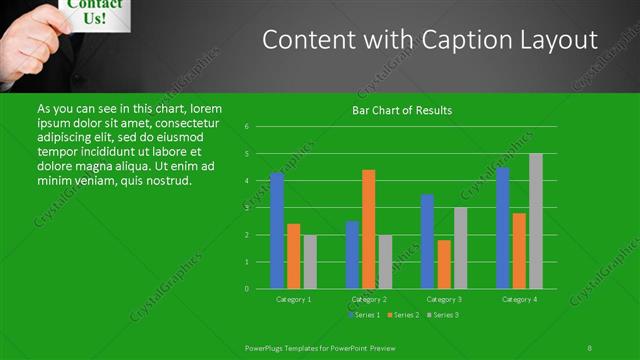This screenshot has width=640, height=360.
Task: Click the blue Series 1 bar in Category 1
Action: (x=277, y=231)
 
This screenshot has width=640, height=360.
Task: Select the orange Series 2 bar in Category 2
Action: (x=369, y=229)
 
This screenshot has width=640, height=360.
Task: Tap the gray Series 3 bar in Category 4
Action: (x=536, y=221)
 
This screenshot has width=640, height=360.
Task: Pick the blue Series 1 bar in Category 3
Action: (x=427, y=241)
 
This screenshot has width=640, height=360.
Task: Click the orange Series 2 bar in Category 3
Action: (x=444, y=264)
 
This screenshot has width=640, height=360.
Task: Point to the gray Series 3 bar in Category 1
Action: (x=310, y=262)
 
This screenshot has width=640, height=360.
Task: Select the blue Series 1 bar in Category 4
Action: (x=503, y=228)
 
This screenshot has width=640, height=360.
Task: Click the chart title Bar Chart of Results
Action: (x=402, y=110)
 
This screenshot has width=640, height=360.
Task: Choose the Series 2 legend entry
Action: (x=403, y=316)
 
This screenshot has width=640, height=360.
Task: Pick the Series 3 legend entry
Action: (x=443, y=316)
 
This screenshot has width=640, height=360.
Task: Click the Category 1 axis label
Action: (x=294, y=299)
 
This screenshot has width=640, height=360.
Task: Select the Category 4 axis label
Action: (x=519, y=299)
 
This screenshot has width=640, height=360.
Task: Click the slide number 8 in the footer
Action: (x=589, y=347)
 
